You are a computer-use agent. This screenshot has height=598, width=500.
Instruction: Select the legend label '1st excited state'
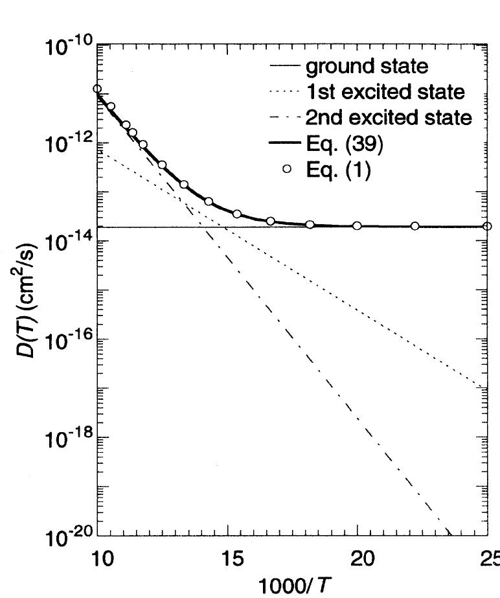pyautogui.click(x=385, y=92)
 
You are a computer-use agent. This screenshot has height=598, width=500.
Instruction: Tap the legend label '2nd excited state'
pyautogui.click(x=388, y=118)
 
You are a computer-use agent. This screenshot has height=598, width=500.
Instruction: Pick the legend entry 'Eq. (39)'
pyautogui.click(x=344, y=144)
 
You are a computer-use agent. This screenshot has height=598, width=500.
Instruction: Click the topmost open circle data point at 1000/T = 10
pyautogui.click(x=97, y=89)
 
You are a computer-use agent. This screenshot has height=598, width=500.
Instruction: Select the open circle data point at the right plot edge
pyautogui.click(x=487, y=226)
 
